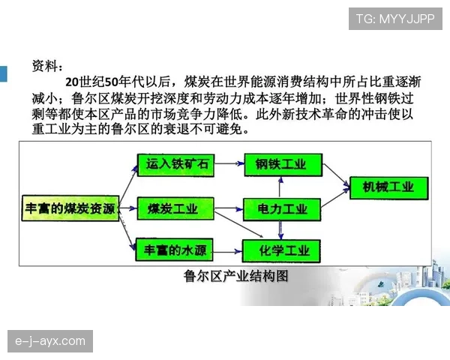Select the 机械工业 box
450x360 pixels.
388,187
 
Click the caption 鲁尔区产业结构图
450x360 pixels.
235,276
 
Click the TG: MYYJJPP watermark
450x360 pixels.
395,19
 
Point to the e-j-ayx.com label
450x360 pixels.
50,342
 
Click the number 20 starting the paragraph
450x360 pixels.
72,82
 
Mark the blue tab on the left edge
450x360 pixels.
3,74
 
